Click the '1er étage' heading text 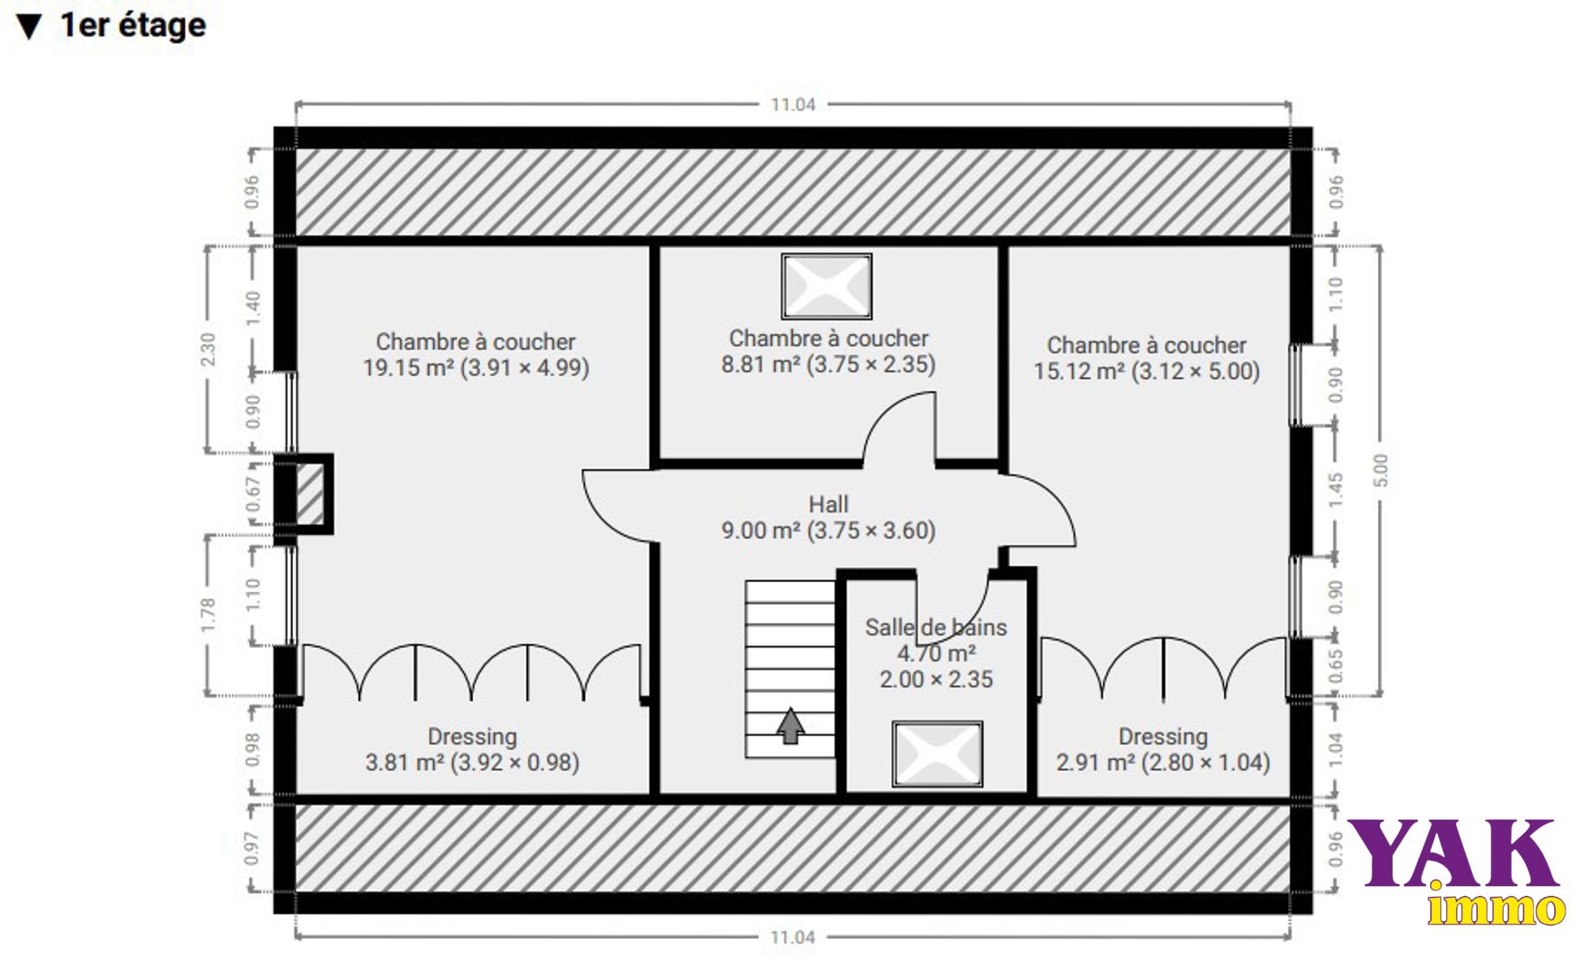click(133, 25)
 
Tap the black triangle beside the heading click(29, 27)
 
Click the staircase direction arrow click(790, 726)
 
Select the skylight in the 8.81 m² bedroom click(827, 286)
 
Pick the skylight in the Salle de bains click(938, 754)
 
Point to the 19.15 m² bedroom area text click(476, 367)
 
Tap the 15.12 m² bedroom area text click(1147, 371)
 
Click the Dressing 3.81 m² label click(472, 749)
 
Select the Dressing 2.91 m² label click(1163, 749)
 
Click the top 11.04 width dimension click(792, 105)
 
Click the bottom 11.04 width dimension click(792, 937)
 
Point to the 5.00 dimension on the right click(1381, 470)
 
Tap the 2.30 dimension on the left click(208, 349)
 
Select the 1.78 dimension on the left click(208, 615)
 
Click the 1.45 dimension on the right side click(1335, 490)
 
